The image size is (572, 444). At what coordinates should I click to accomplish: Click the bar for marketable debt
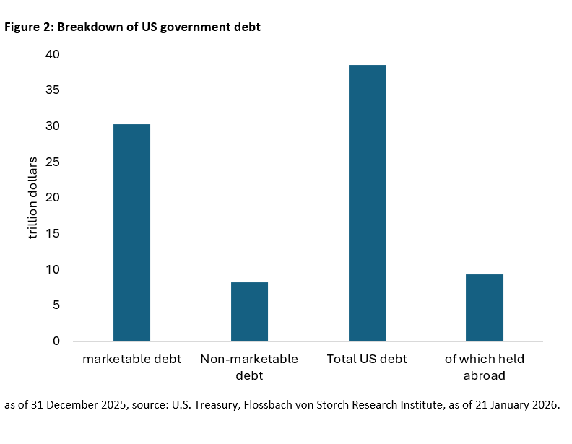coord(132,232)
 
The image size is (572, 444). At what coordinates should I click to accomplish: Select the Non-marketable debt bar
coord(249,311)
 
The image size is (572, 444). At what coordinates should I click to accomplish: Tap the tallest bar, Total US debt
coord(367,203)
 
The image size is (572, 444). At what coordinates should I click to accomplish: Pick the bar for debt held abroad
coord(484,308)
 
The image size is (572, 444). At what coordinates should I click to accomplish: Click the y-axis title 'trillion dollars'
coord(32,198)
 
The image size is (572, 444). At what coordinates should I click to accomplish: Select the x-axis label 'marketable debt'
coord(131,359)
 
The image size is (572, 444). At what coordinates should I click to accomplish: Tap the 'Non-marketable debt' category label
coord(249,367)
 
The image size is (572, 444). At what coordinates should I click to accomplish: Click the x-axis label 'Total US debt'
coord(367,359)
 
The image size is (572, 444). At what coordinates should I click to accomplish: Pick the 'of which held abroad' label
coord(484,367)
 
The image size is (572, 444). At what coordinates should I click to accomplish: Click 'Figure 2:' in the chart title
coord(30,27)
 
